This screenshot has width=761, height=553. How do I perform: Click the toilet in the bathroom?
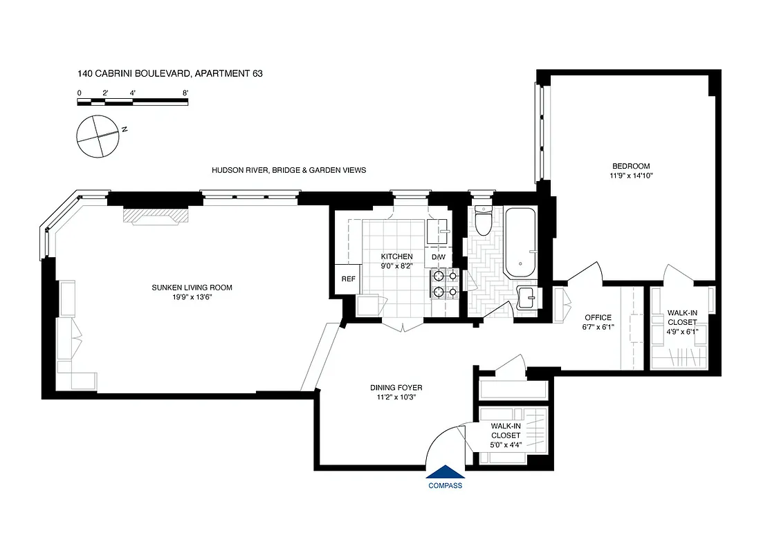tap(484, 221)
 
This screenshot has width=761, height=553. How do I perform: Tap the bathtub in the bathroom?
tap(520, 242)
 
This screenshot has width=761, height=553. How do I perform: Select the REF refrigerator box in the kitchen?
tap(348, 279)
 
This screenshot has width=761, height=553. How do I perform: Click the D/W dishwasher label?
tap(439, 258)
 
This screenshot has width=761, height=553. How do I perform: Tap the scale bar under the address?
tap(132, 102)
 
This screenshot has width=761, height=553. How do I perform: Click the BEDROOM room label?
tap(630, 166)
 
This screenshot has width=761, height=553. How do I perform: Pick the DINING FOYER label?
tap(396, 388)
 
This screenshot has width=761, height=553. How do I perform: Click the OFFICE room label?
tap(598, 318)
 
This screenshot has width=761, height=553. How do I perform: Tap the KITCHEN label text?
tap(396, 256)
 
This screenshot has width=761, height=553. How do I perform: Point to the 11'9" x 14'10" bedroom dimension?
tap(630, 176)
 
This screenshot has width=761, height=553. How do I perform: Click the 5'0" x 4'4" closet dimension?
tap(506, 444)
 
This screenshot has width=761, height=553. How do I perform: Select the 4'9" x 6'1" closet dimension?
tap(681, 331)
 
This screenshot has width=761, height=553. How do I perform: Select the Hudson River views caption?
tap(288, 170)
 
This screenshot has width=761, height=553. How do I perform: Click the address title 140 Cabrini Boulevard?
tap(169, 73)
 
